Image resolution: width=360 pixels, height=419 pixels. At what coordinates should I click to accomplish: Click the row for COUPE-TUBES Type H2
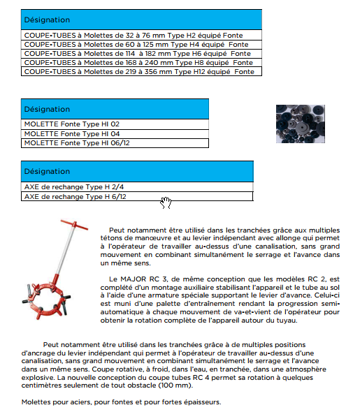point(141,35)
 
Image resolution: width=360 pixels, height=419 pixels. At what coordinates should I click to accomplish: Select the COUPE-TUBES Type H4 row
point(141,45)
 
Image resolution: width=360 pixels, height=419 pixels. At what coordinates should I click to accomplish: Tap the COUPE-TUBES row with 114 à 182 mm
point(141,54)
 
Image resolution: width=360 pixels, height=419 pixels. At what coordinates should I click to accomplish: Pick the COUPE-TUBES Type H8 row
point(141,63)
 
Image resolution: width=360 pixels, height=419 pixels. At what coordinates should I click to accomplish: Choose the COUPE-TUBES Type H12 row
point(141,72)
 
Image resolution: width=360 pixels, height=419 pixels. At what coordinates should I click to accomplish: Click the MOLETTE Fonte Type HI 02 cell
point(115,124)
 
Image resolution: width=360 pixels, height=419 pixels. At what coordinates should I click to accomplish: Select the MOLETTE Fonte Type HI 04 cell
point(115,134)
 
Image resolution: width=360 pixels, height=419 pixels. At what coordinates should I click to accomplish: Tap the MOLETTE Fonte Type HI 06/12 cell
point(115,143)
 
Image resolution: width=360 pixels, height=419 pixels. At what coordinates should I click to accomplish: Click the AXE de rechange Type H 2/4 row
point(137,186)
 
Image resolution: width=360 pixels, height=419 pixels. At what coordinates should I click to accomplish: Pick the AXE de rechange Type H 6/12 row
point(137,196)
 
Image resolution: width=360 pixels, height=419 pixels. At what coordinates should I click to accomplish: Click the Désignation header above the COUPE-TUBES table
point(141,20)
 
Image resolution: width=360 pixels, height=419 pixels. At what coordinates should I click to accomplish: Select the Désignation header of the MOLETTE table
point(115,109)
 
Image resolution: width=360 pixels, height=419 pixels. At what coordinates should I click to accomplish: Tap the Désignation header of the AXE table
point(137,171)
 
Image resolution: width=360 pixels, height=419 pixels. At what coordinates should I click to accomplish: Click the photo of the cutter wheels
point(301,124)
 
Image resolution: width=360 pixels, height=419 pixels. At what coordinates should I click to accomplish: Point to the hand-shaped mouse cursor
point(166,203)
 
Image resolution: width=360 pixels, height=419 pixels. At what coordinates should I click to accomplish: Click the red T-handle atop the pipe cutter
point(74,225)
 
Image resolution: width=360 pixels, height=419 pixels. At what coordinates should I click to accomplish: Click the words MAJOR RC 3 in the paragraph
point(144,279)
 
